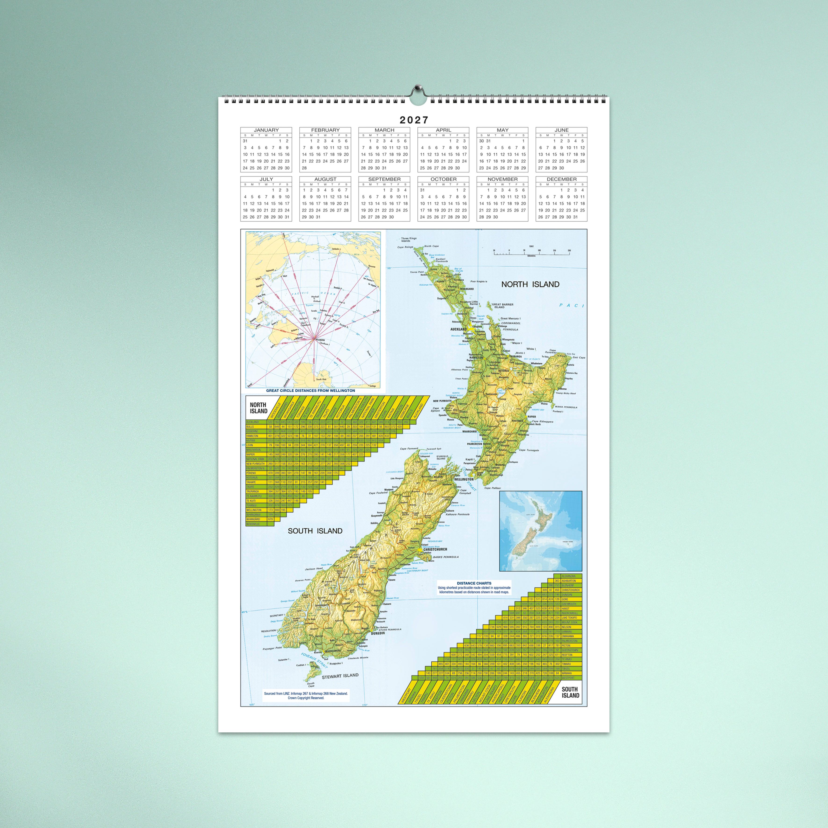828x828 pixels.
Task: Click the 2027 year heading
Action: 414,120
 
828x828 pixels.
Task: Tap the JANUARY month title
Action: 266,130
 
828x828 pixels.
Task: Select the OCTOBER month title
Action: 443,179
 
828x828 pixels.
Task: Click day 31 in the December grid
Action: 575,217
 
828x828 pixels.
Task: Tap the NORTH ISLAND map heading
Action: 530,284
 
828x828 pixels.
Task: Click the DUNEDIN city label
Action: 378,633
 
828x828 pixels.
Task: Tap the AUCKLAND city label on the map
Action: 458,329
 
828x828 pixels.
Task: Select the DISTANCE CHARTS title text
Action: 474,583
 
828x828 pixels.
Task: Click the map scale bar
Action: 531,253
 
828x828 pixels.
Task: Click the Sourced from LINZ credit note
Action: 306,695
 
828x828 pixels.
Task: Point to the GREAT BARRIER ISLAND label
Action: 502,306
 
